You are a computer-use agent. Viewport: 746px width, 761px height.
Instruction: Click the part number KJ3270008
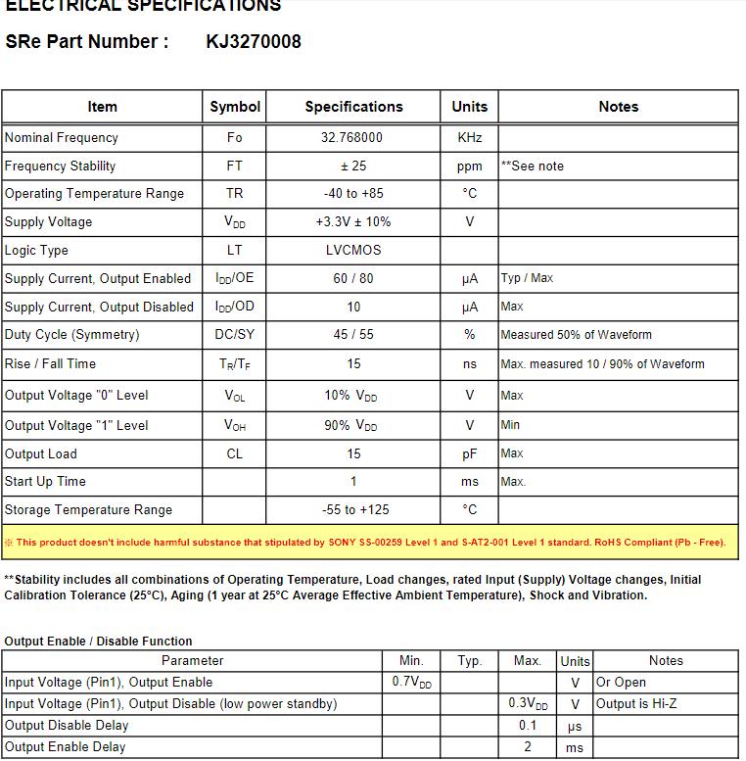click(x=254, y=41)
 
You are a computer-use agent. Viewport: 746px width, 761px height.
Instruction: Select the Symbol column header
click(x=235, y=107)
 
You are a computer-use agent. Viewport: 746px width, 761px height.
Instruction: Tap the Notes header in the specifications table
click(x=618, y=107)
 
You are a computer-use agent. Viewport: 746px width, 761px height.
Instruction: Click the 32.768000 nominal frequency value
click(x=352, y=138)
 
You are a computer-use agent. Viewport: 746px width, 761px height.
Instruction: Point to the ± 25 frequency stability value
click(x=352, y=166)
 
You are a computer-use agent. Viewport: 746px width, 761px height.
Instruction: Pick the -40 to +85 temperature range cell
click(x=352, y=194)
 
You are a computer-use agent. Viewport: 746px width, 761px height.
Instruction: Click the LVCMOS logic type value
click(x=352, y=250)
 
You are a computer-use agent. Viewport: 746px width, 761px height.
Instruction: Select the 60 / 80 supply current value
click(x=352, y=278)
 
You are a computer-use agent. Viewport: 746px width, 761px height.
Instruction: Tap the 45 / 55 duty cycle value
click(x=352, y=335)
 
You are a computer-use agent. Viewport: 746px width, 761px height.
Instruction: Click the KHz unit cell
click(x=470, y=138)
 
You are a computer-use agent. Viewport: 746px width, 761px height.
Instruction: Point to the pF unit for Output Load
click(x=470, y=453)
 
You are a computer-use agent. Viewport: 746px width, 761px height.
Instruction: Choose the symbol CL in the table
click(x=235, y=453)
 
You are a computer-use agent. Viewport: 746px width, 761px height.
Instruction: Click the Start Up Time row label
click(x=45, y=482)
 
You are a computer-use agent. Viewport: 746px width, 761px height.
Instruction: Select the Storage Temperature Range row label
click(x=88, y=510)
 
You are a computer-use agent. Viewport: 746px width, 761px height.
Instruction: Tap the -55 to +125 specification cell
click(x=352, y=510)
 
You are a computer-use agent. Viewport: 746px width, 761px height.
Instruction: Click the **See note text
click(x=533, y=166)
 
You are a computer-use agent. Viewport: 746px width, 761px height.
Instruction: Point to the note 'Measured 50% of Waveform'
click(x=576, y=335)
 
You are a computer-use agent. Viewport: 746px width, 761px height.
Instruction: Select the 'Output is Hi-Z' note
click(x=636, y=704)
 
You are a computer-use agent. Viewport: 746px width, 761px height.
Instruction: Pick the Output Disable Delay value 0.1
click(x=528, y=726)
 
